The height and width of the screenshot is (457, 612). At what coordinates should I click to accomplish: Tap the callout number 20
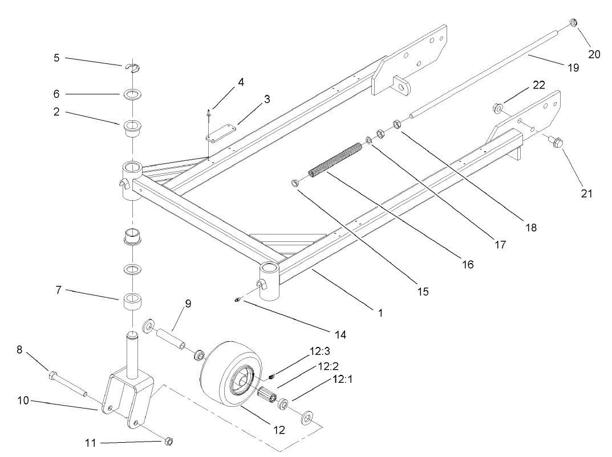(594, 54)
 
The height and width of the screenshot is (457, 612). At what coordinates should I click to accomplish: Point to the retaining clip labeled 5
(132, 69)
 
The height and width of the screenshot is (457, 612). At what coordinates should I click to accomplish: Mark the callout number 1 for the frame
(380, 312)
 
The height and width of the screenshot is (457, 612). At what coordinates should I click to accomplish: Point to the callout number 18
(532, 227)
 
